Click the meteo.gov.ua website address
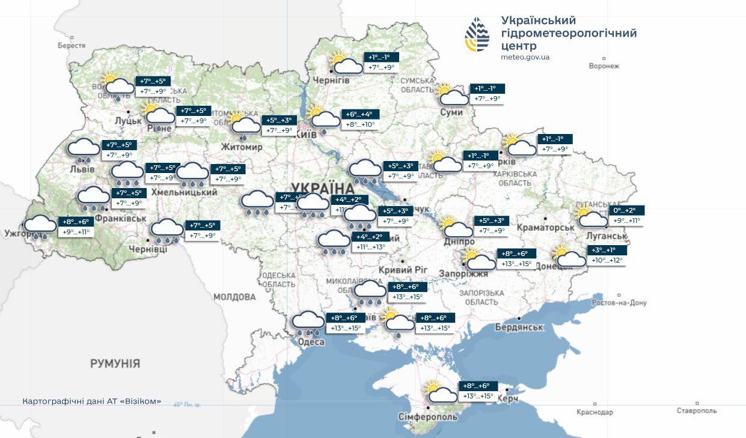525,57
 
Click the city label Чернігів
331,81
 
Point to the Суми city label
451,112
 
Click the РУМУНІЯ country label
115,363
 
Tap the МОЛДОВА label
234,297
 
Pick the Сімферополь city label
428,416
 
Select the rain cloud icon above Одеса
308,323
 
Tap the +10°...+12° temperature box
607,260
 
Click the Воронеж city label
604,66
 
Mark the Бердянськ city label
519,327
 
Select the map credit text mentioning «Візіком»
91,401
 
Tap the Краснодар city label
595,412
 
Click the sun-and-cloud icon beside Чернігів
345,63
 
